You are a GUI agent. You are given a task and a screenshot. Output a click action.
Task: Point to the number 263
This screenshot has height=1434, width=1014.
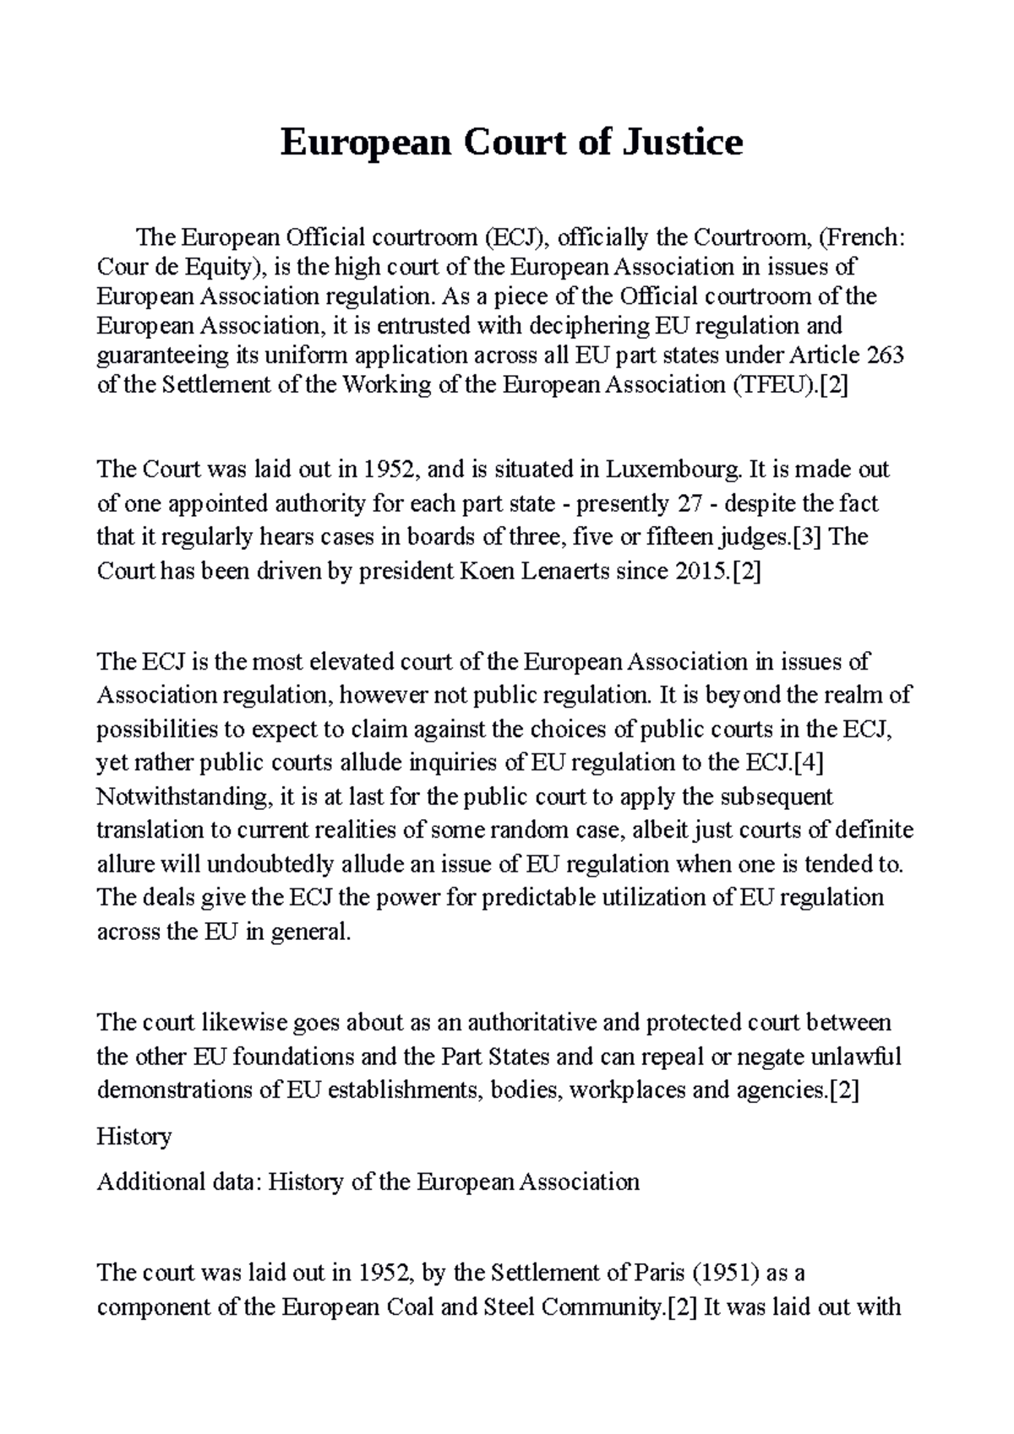coord(886,355)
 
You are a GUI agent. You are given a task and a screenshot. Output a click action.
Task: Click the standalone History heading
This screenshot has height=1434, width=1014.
coord(134,1136)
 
